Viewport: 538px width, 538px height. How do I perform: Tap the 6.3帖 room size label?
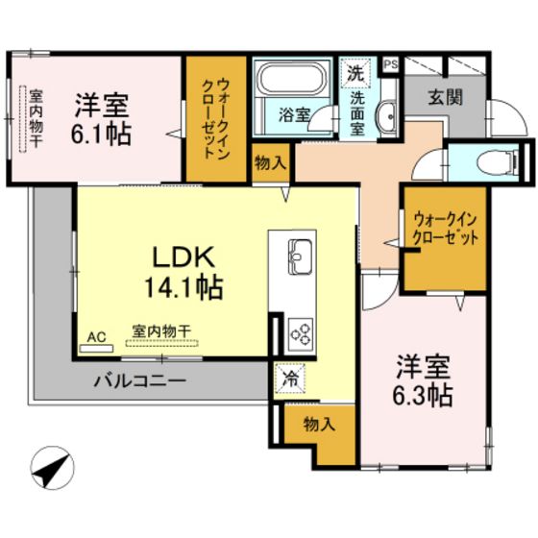click(425, 395)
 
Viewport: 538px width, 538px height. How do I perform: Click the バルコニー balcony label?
click(139, 380)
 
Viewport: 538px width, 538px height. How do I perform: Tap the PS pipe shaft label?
click(390, 65)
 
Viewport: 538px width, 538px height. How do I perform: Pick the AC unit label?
click(97, 337)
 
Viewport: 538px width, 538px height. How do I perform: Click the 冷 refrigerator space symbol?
click(287, 379)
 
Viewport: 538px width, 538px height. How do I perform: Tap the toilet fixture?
click(481, 160)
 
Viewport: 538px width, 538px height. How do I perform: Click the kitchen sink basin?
click(298, 256)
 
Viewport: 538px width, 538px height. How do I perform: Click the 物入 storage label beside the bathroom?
click(270, 164)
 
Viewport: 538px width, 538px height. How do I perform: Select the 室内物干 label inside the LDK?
click(161, 330)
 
